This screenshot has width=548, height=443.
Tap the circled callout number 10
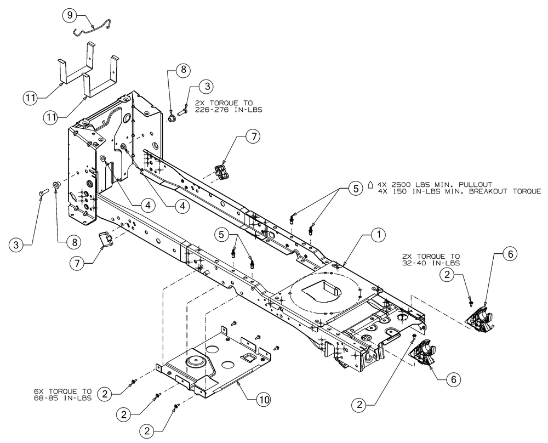[264, 400]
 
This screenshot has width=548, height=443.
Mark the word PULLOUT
[473, 184]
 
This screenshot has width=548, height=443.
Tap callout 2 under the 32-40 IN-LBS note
[449, 276]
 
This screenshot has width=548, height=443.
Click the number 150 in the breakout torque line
[401, 191]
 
